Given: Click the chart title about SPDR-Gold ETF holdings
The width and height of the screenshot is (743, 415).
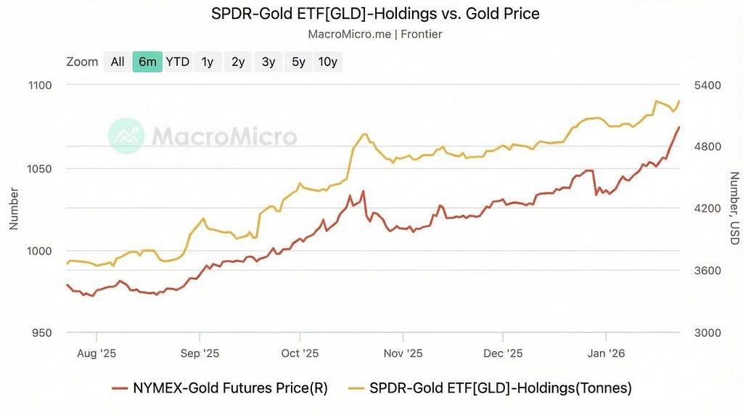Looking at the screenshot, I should (x=375, y=14).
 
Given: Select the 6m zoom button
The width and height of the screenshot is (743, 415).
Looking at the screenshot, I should (x=147, y=62).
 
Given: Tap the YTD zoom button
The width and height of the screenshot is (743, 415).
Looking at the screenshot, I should (x=177, y=62).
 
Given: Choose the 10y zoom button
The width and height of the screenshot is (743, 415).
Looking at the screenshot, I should (x=327, y=62).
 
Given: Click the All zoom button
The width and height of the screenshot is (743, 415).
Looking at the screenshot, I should (x=118, y=62).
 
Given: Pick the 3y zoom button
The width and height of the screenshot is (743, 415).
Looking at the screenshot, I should (x=268, y=62).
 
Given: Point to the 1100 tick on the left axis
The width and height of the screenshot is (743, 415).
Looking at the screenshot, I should (x=41, y=86).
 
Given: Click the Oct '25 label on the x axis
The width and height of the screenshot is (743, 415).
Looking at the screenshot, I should (x=300, y=353).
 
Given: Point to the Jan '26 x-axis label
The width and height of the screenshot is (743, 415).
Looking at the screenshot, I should (x=606, y=353).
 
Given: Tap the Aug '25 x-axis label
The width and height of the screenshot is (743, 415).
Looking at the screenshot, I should (x=97, y=353).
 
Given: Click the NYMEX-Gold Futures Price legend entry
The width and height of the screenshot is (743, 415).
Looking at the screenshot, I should (x=220, y=388).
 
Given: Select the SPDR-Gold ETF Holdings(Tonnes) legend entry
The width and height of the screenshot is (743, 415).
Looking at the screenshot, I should (x=490, y=388).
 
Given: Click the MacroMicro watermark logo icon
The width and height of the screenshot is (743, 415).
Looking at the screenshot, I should (x=126, y=136).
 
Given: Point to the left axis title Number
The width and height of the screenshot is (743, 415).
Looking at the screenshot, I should (x=14, y=209).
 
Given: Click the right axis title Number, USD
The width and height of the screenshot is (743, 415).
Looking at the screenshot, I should (x=734, y=208).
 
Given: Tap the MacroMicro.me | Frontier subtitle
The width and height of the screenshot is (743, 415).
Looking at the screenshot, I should (x=375, y=34).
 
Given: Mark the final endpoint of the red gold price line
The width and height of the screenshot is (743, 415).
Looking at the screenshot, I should (x=679, y=128).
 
